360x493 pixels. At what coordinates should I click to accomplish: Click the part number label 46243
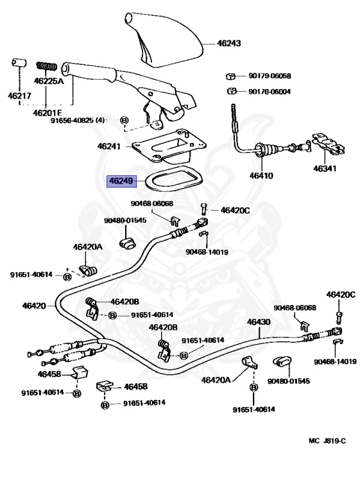[x=229, y=43]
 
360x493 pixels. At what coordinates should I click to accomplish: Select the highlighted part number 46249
[x=122, y=181]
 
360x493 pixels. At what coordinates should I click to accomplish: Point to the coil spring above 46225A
[x=47, y=66]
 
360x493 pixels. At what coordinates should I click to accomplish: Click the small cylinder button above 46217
[x=19, y=62]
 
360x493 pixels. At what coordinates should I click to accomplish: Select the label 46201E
[x=47, y=112]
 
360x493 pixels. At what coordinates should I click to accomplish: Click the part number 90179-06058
[x=270, y=76]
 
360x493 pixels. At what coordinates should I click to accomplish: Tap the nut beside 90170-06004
[x=232, y=91]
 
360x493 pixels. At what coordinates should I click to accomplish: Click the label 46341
[x=325, y=169]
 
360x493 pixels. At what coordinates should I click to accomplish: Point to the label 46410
[x=261, y=175]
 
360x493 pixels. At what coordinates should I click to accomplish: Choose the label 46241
[x=109, y=146]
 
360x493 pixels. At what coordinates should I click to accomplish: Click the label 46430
[x=259, y=322]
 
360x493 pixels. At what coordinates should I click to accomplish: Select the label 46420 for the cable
[x=34, y=306]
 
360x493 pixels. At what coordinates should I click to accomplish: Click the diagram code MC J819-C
[x=327, y=441]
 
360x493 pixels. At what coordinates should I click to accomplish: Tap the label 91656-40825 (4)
[x=78, y=120]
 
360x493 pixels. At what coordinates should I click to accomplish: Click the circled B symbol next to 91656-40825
[x=124, y=120]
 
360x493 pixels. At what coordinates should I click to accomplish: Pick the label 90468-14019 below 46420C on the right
[x=335, y=361]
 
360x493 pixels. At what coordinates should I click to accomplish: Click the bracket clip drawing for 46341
[x=329, y=145]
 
